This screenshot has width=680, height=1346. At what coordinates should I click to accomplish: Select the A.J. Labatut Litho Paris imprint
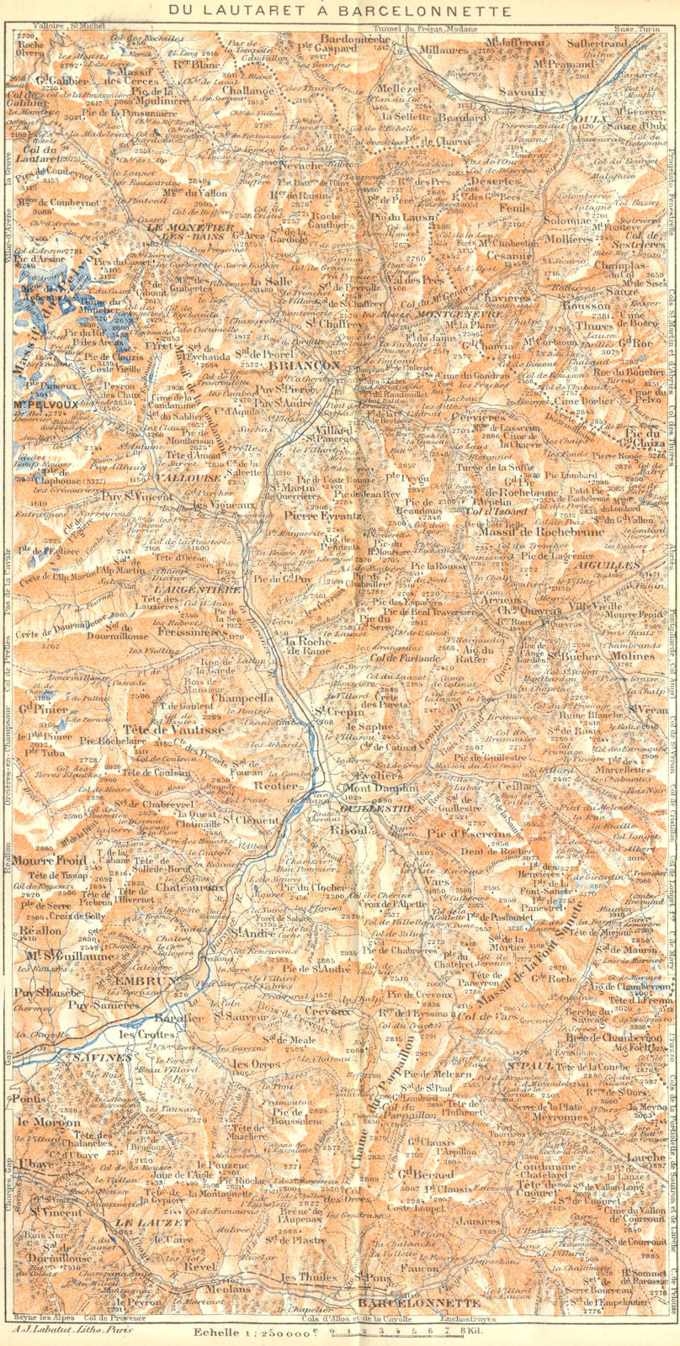tap(61, 1329)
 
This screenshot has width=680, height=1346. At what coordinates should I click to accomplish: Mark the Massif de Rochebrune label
tap(529, 532)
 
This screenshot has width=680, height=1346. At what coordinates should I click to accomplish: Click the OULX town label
tap(594, 120)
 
